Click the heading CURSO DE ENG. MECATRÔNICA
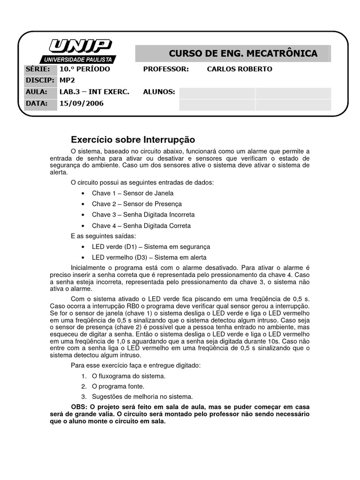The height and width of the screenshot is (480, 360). (x=243, y=53)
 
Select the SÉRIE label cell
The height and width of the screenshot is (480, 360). (x=40, y=69)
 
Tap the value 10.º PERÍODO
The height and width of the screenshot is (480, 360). (x=84, y=69)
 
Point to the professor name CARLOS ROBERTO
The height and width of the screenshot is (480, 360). (x=239, y=69)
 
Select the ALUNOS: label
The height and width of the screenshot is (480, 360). (x=159, y=92)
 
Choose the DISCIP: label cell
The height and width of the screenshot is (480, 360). (x=40, y=80)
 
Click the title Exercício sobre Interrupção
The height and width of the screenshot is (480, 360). (x=133, y=140)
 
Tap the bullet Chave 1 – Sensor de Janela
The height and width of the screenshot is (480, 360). (x=133, y=193)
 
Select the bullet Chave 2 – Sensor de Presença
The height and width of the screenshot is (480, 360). (x=136, y=204)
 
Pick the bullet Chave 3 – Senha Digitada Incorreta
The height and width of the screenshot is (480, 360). (x=143, y=215)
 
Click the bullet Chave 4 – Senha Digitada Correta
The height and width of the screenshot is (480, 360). (x=141, y=225)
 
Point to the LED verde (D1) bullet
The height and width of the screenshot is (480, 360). (x=151, y=247)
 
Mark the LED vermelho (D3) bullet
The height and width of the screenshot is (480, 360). (x=149, y=257)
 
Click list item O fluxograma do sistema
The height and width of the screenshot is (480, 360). (x=125, y=376)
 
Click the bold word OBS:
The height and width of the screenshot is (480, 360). (x=79, y=406)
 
